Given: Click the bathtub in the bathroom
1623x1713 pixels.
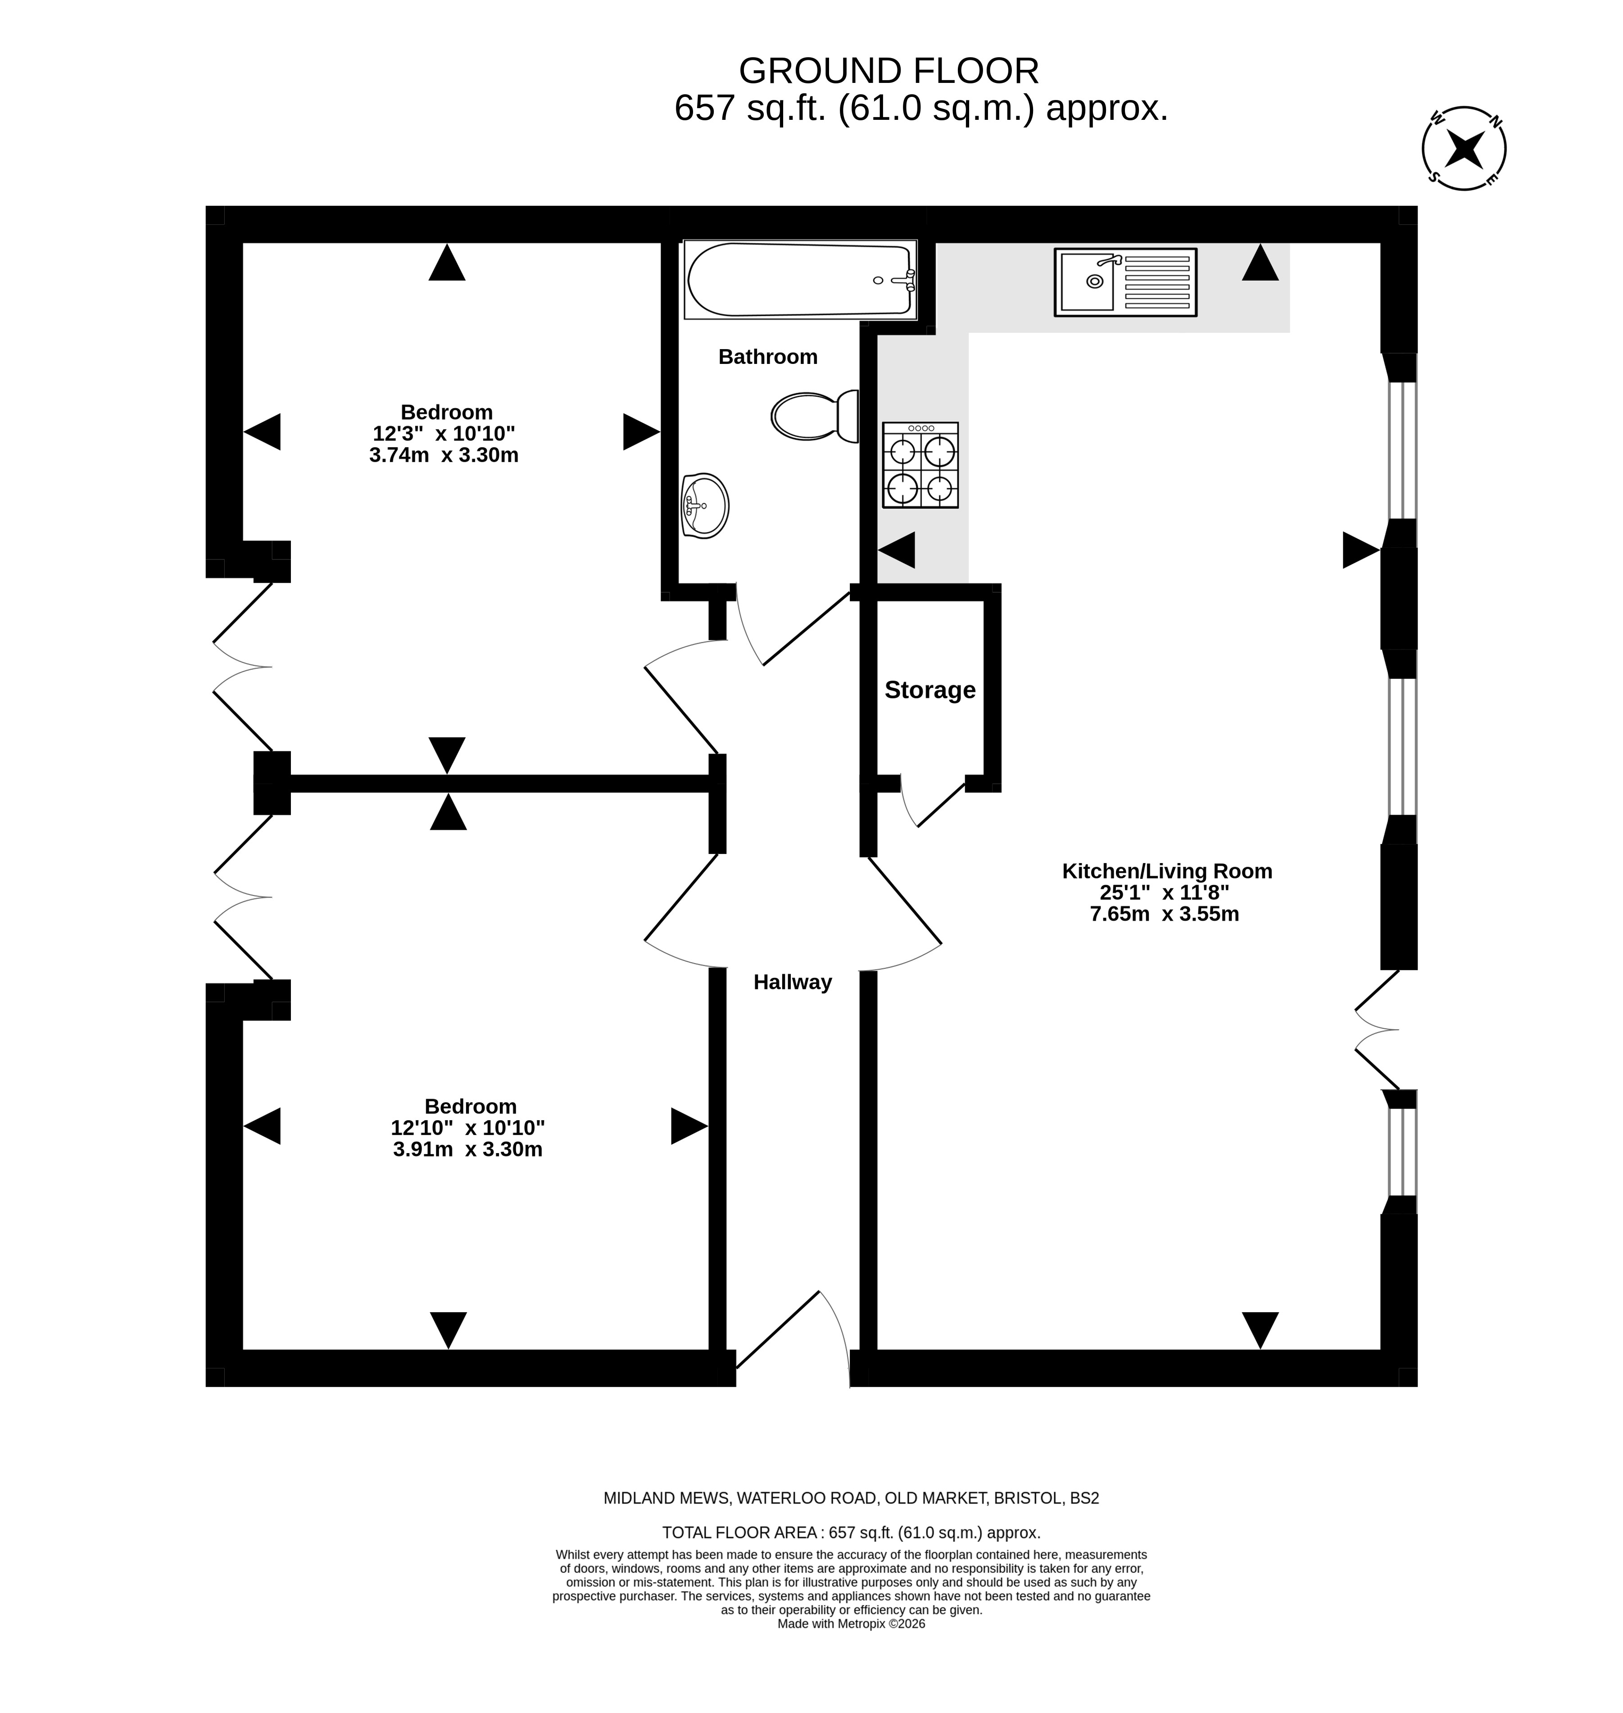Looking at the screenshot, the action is click(x=800, y=279).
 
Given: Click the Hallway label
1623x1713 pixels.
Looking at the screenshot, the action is click(x=793, y=982).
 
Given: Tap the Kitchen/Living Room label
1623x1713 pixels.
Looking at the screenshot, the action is click(x=1167, y=871).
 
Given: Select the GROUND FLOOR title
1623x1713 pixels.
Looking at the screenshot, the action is click(x=889, y=71).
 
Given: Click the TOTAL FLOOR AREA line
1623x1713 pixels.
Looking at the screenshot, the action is click(x=851, y=1533).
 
